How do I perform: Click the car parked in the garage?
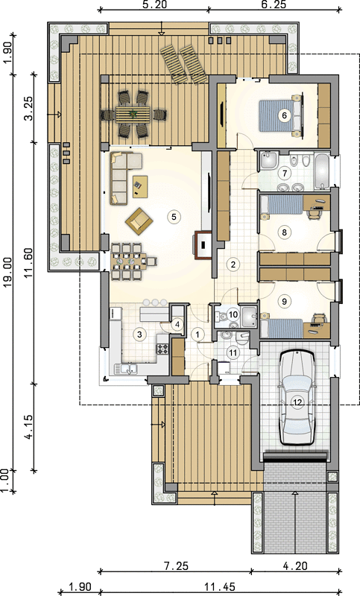coord(297,398)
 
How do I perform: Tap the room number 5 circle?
coord(174,217)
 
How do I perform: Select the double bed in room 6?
coord(281,115)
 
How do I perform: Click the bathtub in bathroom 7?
coord(323,171)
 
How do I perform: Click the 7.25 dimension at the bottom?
coord(176,565)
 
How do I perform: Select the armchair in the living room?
coord(139,220)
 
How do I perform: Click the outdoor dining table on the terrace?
coord(134,114)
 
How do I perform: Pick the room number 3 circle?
coord(139,335)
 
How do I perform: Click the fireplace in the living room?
coord(203,245)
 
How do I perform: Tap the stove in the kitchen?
coord(162,349)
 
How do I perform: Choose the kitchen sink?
coord(127,368)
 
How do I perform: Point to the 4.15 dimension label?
coord(29,427)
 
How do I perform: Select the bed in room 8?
coord(281,204)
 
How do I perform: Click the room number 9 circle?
coord(284,302)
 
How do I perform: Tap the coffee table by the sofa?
coord(140,186)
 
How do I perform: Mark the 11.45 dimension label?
coord(220,587)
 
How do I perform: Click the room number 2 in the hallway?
coord(233,264)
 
